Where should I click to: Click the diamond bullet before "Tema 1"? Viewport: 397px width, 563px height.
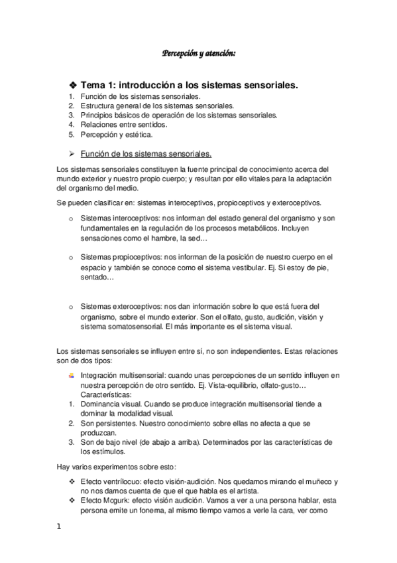pos(73,86)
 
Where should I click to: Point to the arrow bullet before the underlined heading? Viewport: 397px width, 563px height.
pos(73,153)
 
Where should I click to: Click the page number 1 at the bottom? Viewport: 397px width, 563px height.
pos(60,527)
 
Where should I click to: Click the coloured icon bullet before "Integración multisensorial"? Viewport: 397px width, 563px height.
pos(72,375)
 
